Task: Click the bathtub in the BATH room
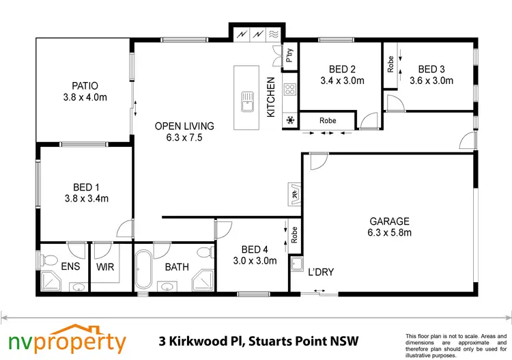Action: (145, 270)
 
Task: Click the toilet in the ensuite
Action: (48, 259)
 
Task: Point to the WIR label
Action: (104, 267)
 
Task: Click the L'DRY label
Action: (320, 272)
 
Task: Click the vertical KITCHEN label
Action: (271, 96)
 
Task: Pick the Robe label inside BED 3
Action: (391, 64)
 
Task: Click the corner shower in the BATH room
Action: (203, 279)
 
